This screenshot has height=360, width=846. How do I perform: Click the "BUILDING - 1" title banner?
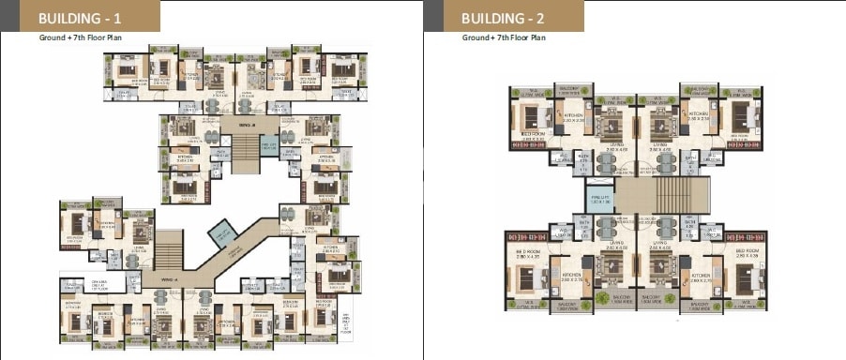pos(79,17)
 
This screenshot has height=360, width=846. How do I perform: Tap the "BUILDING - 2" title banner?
pos(503,17)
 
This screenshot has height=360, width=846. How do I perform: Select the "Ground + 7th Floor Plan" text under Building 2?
pos(503,39)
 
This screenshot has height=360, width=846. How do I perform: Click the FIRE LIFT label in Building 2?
pos(597,197)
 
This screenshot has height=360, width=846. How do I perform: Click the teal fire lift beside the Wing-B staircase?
pos(267,145)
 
